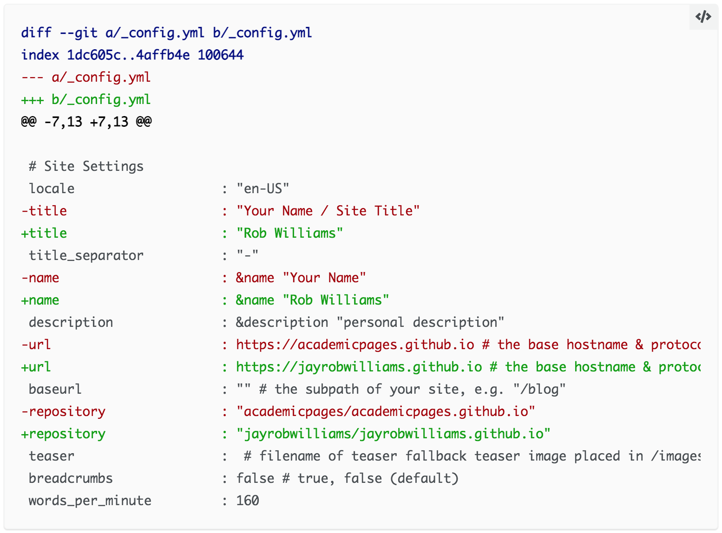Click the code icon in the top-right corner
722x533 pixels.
pos(703,17)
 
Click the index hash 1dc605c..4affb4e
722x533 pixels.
pos(128,55)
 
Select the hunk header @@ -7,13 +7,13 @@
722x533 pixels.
pos(86,122)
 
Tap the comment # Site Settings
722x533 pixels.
pos(86,166)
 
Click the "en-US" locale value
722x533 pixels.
pos(263,188)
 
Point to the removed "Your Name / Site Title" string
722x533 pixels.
pos(328,211)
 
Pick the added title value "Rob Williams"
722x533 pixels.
pos(290,233)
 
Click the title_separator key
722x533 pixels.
pos(86,255)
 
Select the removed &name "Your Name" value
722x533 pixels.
pos(301,278)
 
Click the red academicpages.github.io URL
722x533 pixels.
pos(355,344)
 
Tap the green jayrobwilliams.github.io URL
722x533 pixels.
pos(359,367)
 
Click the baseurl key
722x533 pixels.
pos(55,389)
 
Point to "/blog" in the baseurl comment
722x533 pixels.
pos(539,389)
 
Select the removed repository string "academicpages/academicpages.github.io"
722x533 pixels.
pos(386,411)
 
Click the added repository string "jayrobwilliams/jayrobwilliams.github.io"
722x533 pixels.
pos(394,434)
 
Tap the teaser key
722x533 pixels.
pos(52,456)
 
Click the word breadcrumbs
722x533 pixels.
pos(71,478)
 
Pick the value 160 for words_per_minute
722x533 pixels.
pos(248,500)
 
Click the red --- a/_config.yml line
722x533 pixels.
pos(86,78)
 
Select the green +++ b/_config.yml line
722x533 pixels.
pos(86,100)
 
